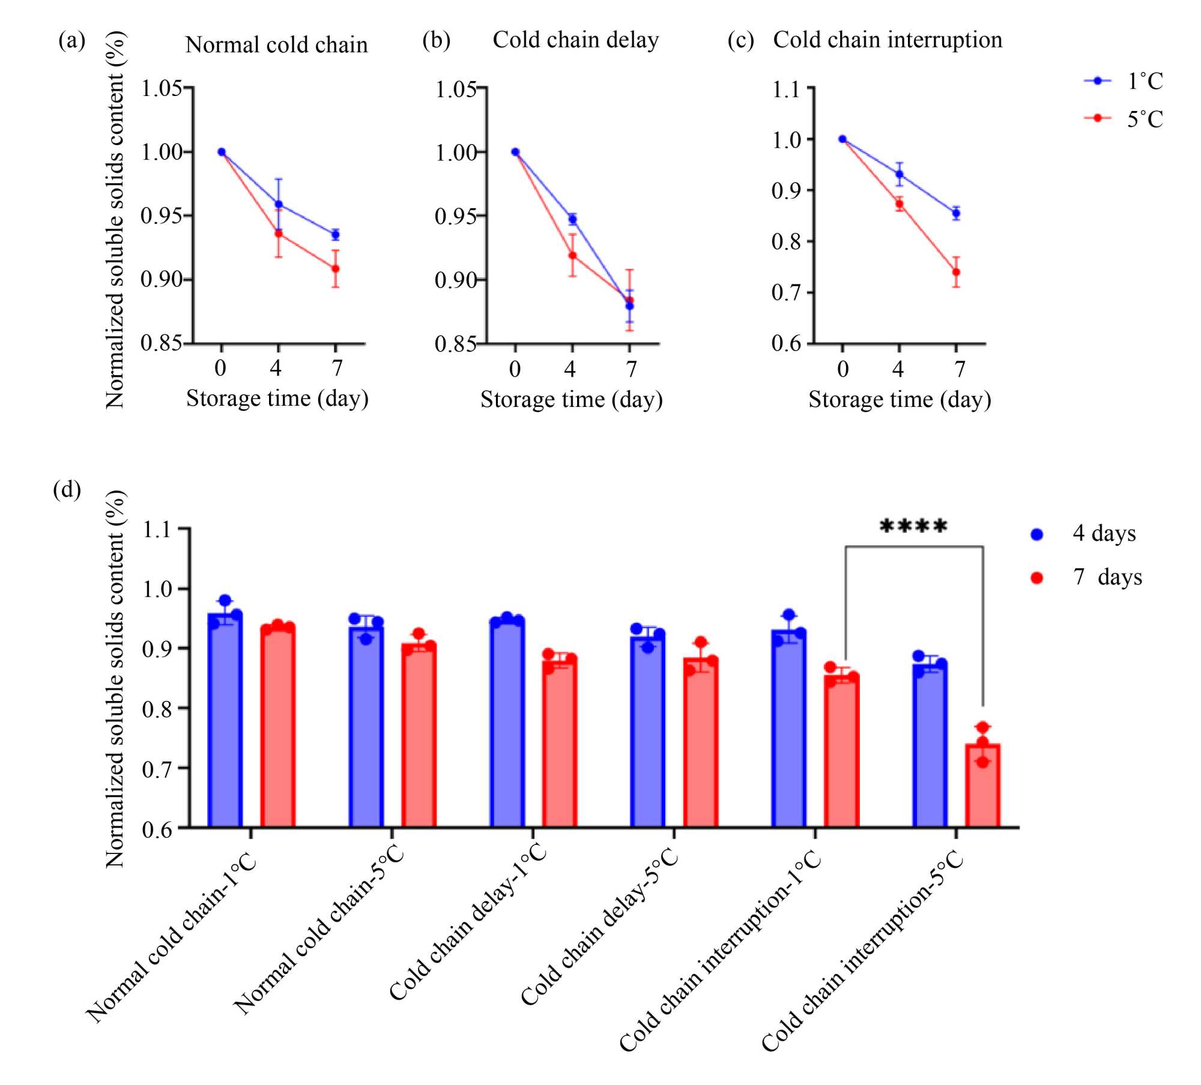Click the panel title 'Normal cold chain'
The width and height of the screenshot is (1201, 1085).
[x=276, y=44]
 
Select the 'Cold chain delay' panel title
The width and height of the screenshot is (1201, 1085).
[x=575, y=40]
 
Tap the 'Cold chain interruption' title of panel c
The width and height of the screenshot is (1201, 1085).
[x=887, y=40]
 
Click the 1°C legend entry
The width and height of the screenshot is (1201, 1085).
[x=1124, y=81]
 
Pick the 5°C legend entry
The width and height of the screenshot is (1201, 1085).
[x=1124, y=118]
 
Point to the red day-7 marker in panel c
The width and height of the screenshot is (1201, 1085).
[x=956, y=272]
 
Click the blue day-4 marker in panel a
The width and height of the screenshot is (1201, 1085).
[x=279, y=205]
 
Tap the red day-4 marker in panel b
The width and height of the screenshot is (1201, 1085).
[x=572, y=256]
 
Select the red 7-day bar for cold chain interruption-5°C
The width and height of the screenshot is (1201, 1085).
[x=982, y=786]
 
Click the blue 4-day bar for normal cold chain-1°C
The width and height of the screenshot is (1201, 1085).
[x=225, y=720]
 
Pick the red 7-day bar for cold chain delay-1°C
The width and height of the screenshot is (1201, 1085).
[x=560, y=744]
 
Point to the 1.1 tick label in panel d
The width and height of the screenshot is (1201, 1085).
[x=157, y=530]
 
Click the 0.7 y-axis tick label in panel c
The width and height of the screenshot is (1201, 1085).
[x=787, y=293]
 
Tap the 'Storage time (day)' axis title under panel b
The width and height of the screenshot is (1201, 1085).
[x=571, y=400]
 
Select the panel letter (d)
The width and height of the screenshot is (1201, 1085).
[x=67, y=490]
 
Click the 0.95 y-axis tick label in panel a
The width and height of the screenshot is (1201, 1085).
[x=161, y=215]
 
